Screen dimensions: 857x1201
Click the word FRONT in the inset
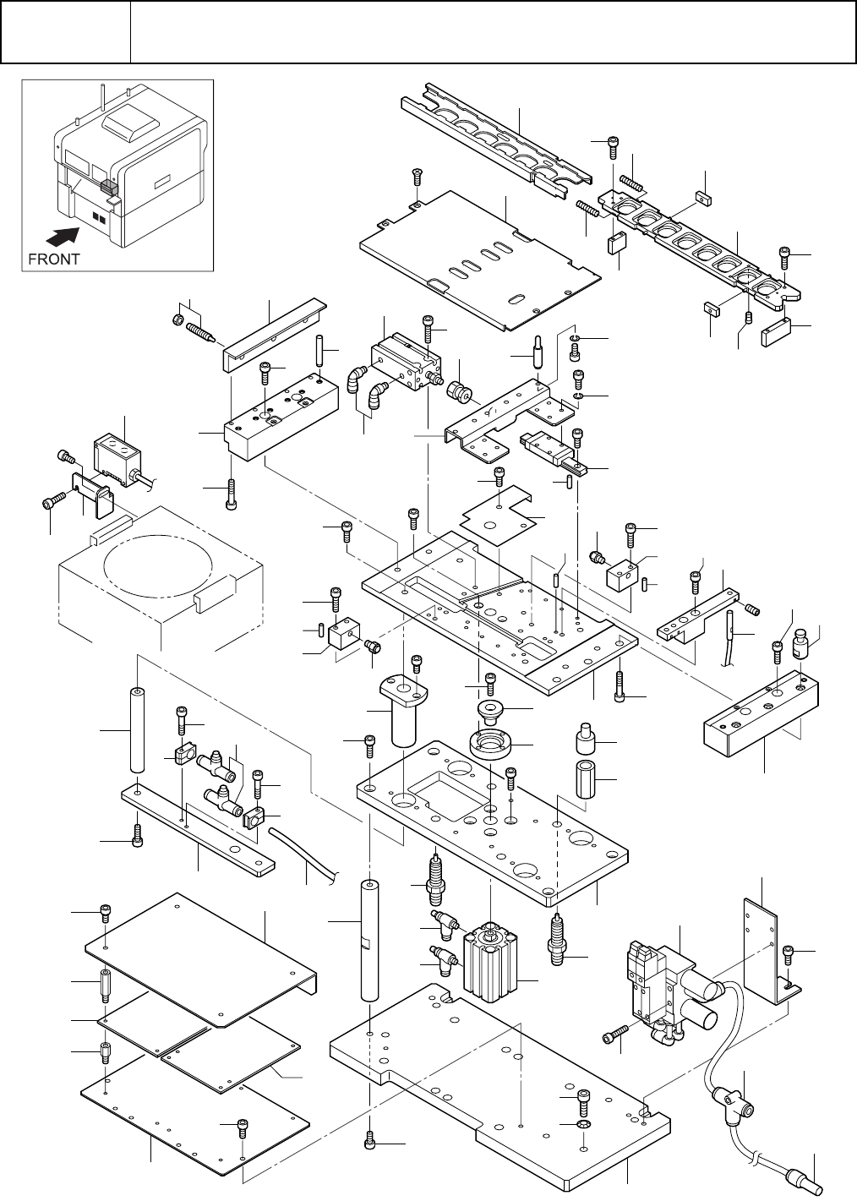(x=53, y=259)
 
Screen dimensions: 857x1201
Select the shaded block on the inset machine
(x=109, y=186)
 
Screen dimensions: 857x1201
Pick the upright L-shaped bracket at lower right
(x=771, y=951)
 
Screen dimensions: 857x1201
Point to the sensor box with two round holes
(x=117, y=461)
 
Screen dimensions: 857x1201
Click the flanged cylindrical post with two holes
(x=405, y=710)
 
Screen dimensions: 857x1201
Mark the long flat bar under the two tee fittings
(x=198, y=831)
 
